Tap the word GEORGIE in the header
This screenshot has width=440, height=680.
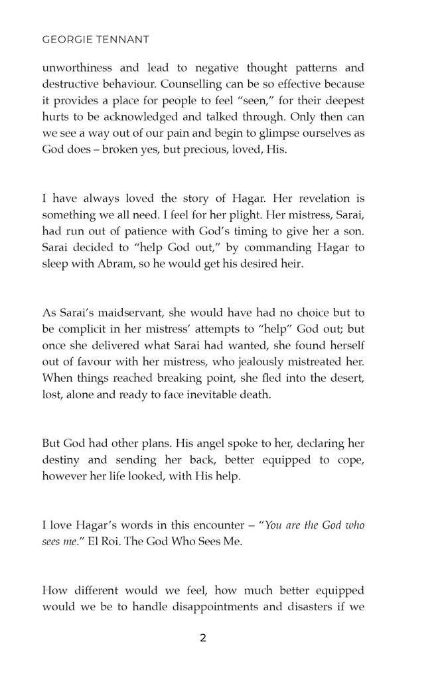64,39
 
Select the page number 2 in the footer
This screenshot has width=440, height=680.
203,638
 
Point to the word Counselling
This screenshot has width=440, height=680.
202,85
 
